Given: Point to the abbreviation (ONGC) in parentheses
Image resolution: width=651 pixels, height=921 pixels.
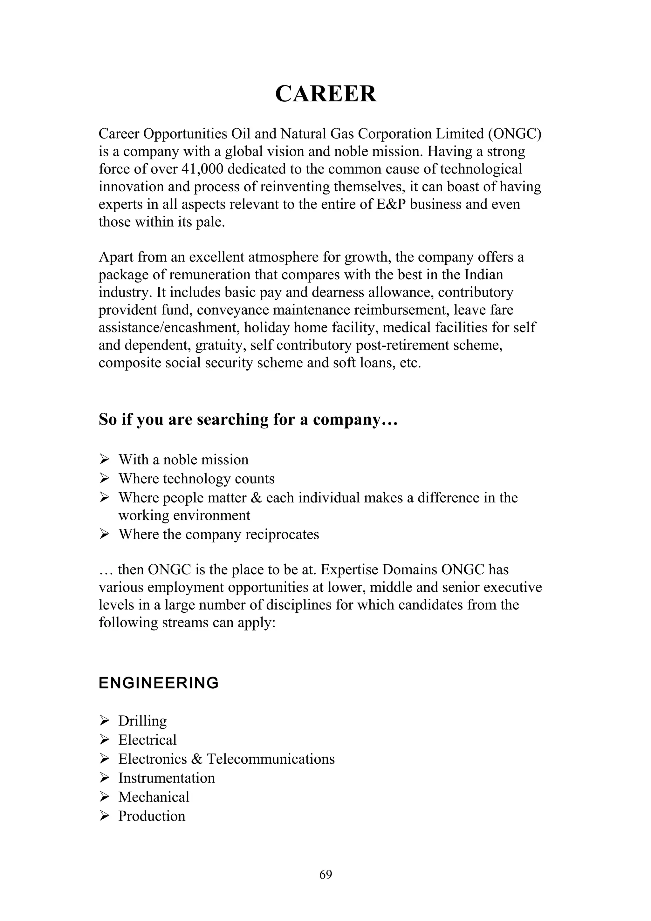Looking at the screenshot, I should tap(515, 133).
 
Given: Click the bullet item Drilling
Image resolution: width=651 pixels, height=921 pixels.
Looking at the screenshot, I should tap(142, 721).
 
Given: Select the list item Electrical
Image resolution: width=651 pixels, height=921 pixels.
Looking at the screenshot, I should tap(147, 740).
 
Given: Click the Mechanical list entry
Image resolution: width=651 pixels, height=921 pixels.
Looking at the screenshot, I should tap(154, 797).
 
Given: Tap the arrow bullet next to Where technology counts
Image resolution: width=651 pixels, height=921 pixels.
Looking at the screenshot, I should tap(104, 478).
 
